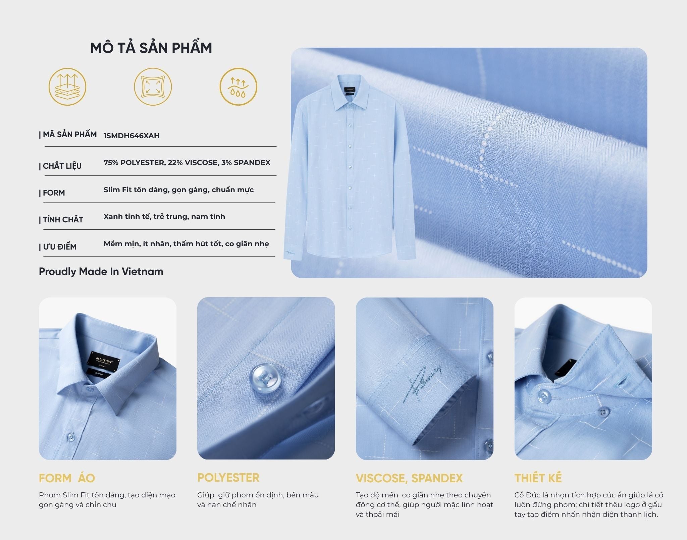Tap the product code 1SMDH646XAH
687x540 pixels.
point(131,136)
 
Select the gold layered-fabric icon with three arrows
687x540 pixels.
point(67,87)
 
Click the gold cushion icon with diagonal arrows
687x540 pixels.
point(153,87)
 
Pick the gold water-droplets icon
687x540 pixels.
point(239,87)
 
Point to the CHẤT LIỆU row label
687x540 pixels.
point(60,166)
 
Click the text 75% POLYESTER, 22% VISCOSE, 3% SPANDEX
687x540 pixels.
point(187,163)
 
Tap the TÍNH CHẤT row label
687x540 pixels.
point(61,220)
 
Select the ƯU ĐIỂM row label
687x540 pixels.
point(58,247)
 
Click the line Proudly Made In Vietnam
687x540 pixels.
point(101,271)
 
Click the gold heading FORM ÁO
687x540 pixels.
point(67,478)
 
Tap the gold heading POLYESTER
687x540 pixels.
point(228,478)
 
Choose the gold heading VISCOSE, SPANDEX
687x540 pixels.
point(409,478)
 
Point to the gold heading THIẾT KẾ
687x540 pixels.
point(538,478)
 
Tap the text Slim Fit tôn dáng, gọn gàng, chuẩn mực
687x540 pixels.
point(178,190)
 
